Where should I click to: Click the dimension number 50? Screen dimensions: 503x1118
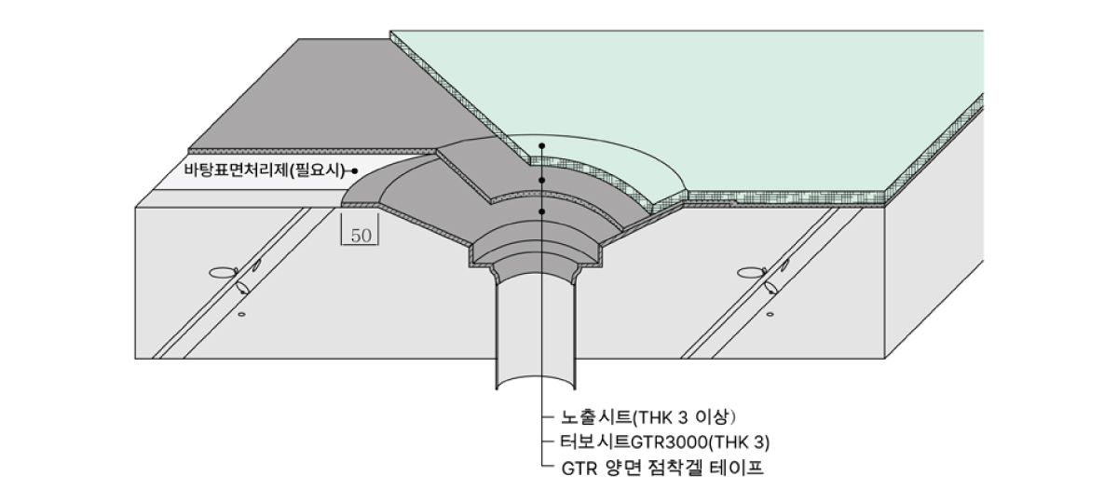pos(361,236)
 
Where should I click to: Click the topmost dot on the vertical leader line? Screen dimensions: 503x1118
pos(542,146)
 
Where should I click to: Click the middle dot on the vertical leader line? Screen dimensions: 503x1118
pos(542,180)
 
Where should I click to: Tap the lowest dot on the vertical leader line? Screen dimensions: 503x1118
pos(542,212)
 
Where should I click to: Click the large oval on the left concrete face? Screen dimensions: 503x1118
pos(223,273)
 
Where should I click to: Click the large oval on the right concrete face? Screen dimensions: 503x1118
pos(751,273)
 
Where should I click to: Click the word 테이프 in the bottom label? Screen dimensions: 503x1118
pos(743,467)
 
